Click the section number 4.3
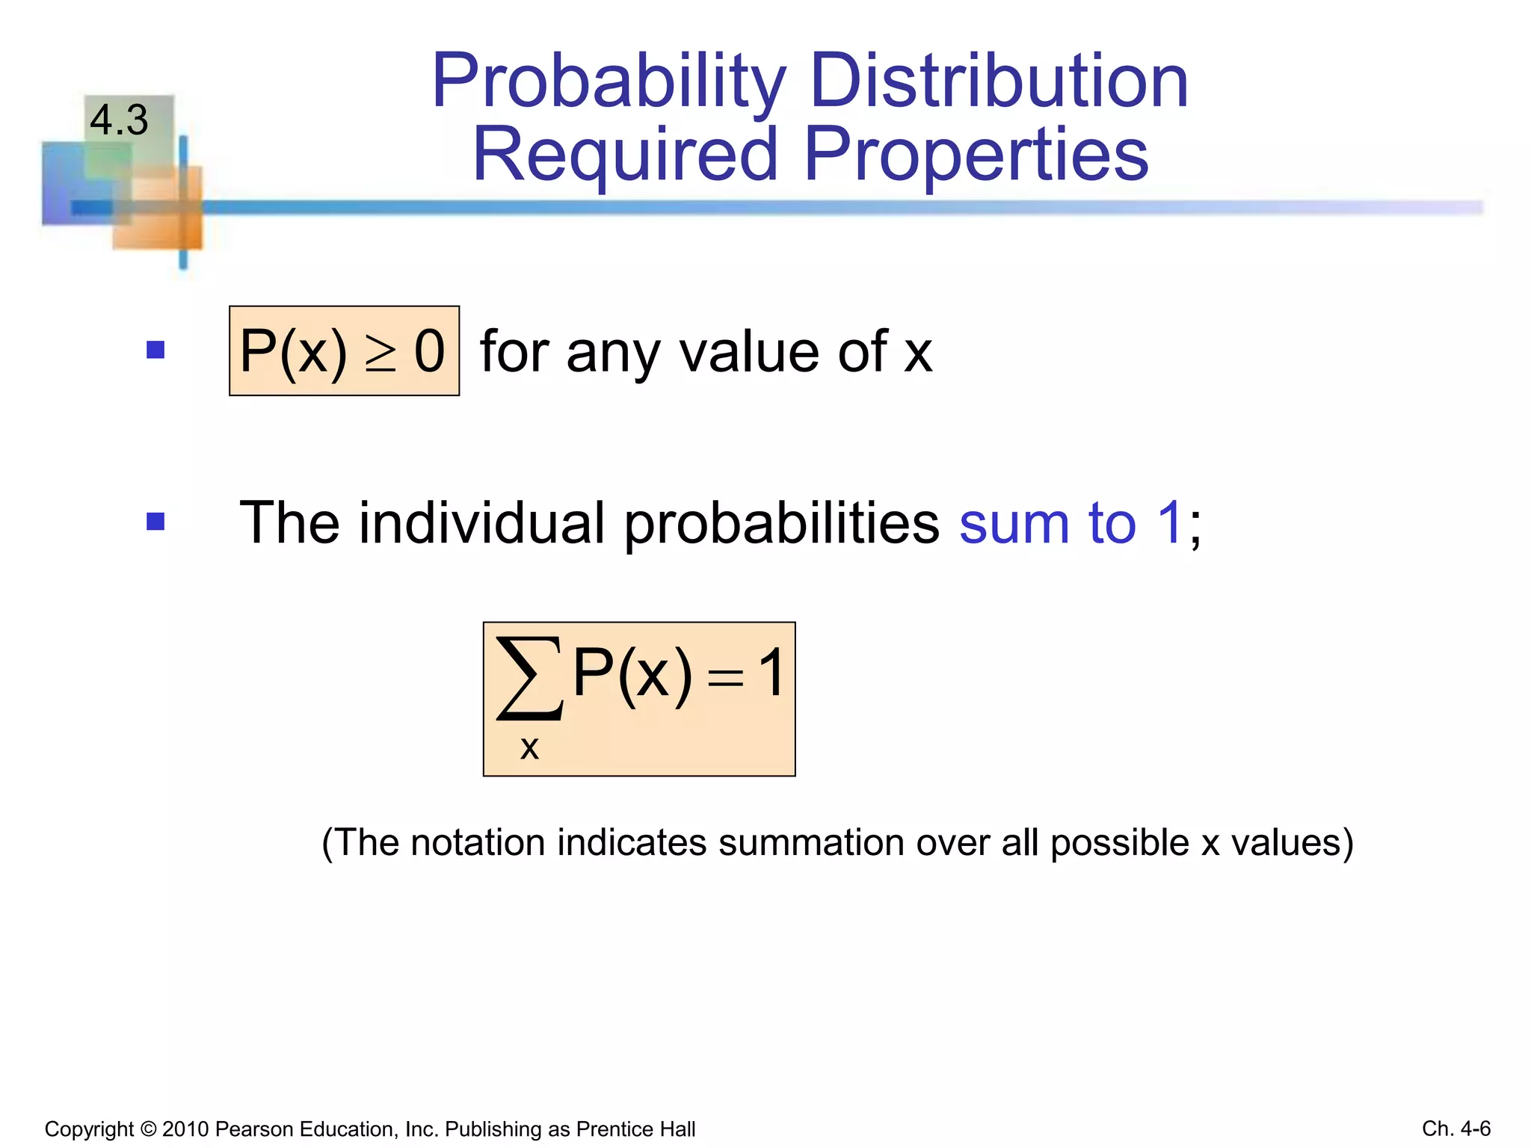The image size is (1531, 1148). pyautogui.click(x=119, y=120)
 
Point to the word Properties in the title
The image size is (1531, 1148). pyautogui.click(x=976, y=155)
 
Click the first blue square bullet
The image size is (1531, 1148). pyautogui.click(x=155, y=350)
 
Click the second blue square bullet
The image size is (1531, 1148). pyautogui.click(x=155, y=521)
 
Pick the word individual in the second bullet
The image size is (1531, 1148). pyautogui.click(x=481, y=522)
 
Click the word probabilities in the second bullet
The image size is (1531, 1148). pyautogui.click(x=781, y=524)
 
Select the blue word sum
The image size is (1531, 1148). pyautogui.click(x=1014, y=524)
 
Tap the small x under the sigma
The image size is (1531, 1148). pyautogui.click(x=529, y=747)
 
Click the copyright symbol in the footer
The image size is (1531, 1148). pyautogui.click(x=147, y=1129)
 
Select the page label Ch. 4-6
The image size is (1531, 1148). pyautogui.click(x=1455, y=1128)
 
